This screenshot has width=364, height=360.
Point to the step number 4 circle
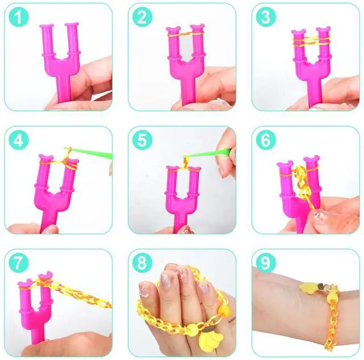click(20, 140)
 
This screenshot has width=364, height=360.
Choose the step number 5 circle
click(143, 140)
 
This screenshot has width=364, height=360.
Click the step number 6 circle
click(265, 140)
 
